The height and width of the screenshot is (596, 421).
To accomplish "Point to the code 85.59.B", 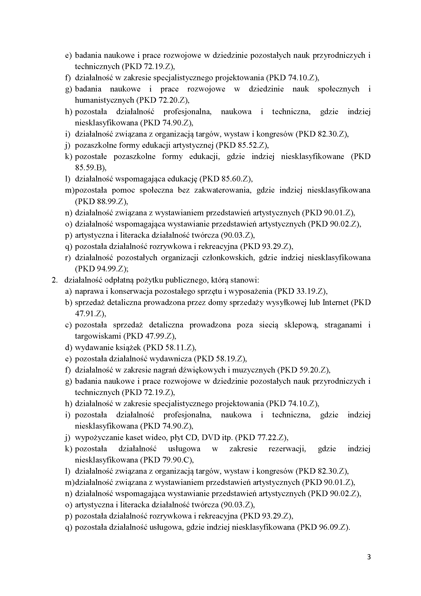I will pos(89,168).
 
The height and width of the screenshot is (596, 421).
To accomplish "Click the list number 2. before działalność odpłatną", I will pos(54,280).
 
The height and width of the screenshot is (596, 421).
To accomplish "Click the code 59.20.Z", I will pos(313,370).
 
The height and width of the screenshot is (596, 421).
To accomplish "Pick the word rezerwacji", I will pos(287,449).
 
